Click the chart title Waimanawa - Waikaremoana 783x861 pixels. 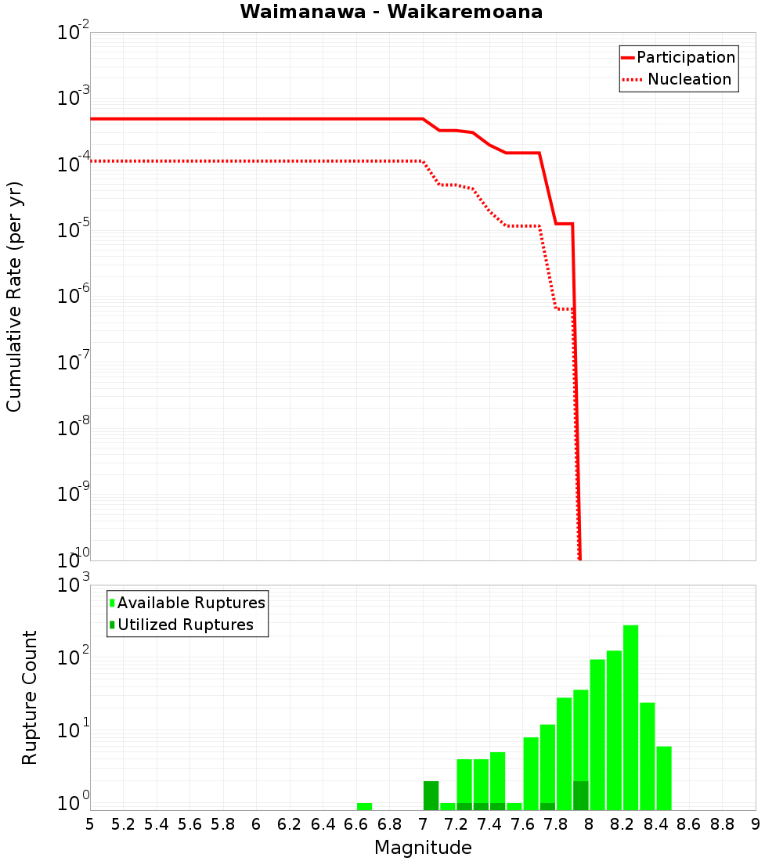click(x=391, y=12)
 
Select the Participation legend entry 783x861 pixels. click(x=685, y=57)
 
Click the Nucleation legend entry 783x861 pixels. click(x=688, y=79)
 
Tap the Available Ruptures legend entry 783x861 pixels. click(x=190, y=603)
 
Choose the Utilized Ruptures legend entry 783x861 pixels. click(x=185, y=625)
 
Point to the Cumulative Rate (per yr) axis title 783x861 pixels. click(x=14, y=297)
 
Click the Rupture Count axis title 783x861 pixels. click(x=30, y=697)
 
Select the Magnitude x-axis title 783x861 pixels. click(x=423, y=848)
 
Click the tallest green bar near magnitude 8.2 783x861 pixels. click(x=630, y=716)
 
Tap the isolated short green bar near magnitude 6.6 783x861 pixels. click(x=364, y=806)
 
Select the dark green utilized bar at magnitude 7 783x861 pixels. click(x=431, y=795)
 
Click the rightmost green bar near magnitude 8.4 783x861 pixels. click(x=664, y=778)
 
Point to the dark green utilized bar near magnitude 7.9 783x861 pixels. click(x=580, y=795)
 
